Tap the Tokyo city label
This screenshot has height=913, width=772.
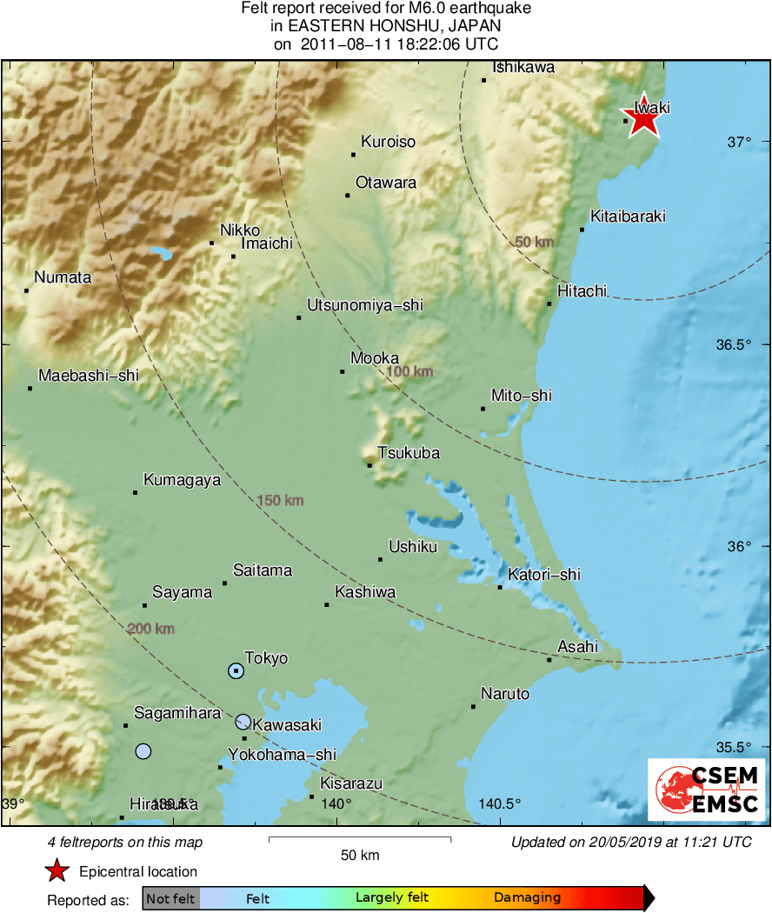[266, 658]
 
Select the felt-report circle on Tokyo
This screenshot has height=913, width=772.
[236, 670]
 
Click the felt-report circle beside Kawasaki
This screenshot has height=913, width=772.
[243, 722]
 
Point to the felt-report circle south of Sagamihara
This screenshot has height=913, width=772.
[143, 751]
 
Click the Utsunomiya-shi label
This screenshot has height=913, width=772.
[365, 305]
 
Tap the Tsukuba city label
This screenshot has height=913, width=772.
[409, 453]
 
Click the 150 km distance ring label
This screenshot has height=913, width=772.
[282, 500]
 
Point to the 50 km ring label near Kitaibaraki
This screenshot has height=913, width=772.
[535, 242]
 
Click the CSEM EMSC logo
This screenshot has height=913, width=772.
[707, 789]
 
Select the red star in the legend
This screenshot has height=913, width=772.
[57, 870]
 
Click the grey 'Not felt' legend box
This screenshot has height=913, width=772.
[170, 898]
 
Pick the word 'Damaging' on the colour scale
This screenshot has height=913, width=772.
[528, 898]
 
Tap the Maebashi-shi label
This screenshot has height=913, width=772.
[89, 376]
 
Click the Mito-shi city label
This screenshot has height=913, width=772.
[522, 396]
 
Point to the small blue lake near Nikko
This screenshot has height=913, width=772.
[160, 254]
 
